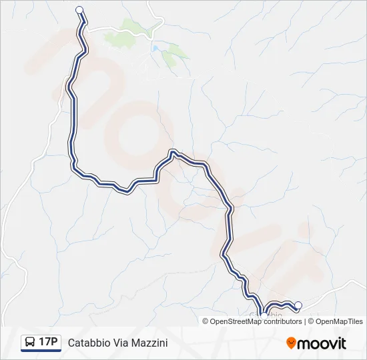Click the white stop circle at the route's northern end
tap(80, 9)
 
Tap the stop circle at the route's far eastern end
tap(298, 305)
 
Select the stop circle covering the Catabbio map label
tap(264, 316)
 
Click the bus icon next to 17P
tap(29, 342)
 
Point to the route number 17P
tap(48, 342)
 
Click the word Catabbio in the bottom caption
tap(89, 343)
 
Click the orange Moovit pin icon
tap(291, 343)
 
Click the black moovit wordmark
tap(322, 343)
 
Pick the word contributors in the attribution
tap(282, 321)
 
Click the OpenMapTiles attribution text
tap(339, 321)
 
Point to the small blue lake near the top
tap(155, 49)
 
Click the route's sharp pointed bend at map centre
tap(173, 152)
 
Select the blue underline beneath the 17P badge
tap(41, 351)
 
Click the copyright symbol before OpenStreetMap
tap(206, 321)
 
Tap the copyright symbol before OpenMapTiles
tap(312, 321)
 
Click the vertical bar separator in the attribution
tap(306, 321)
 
